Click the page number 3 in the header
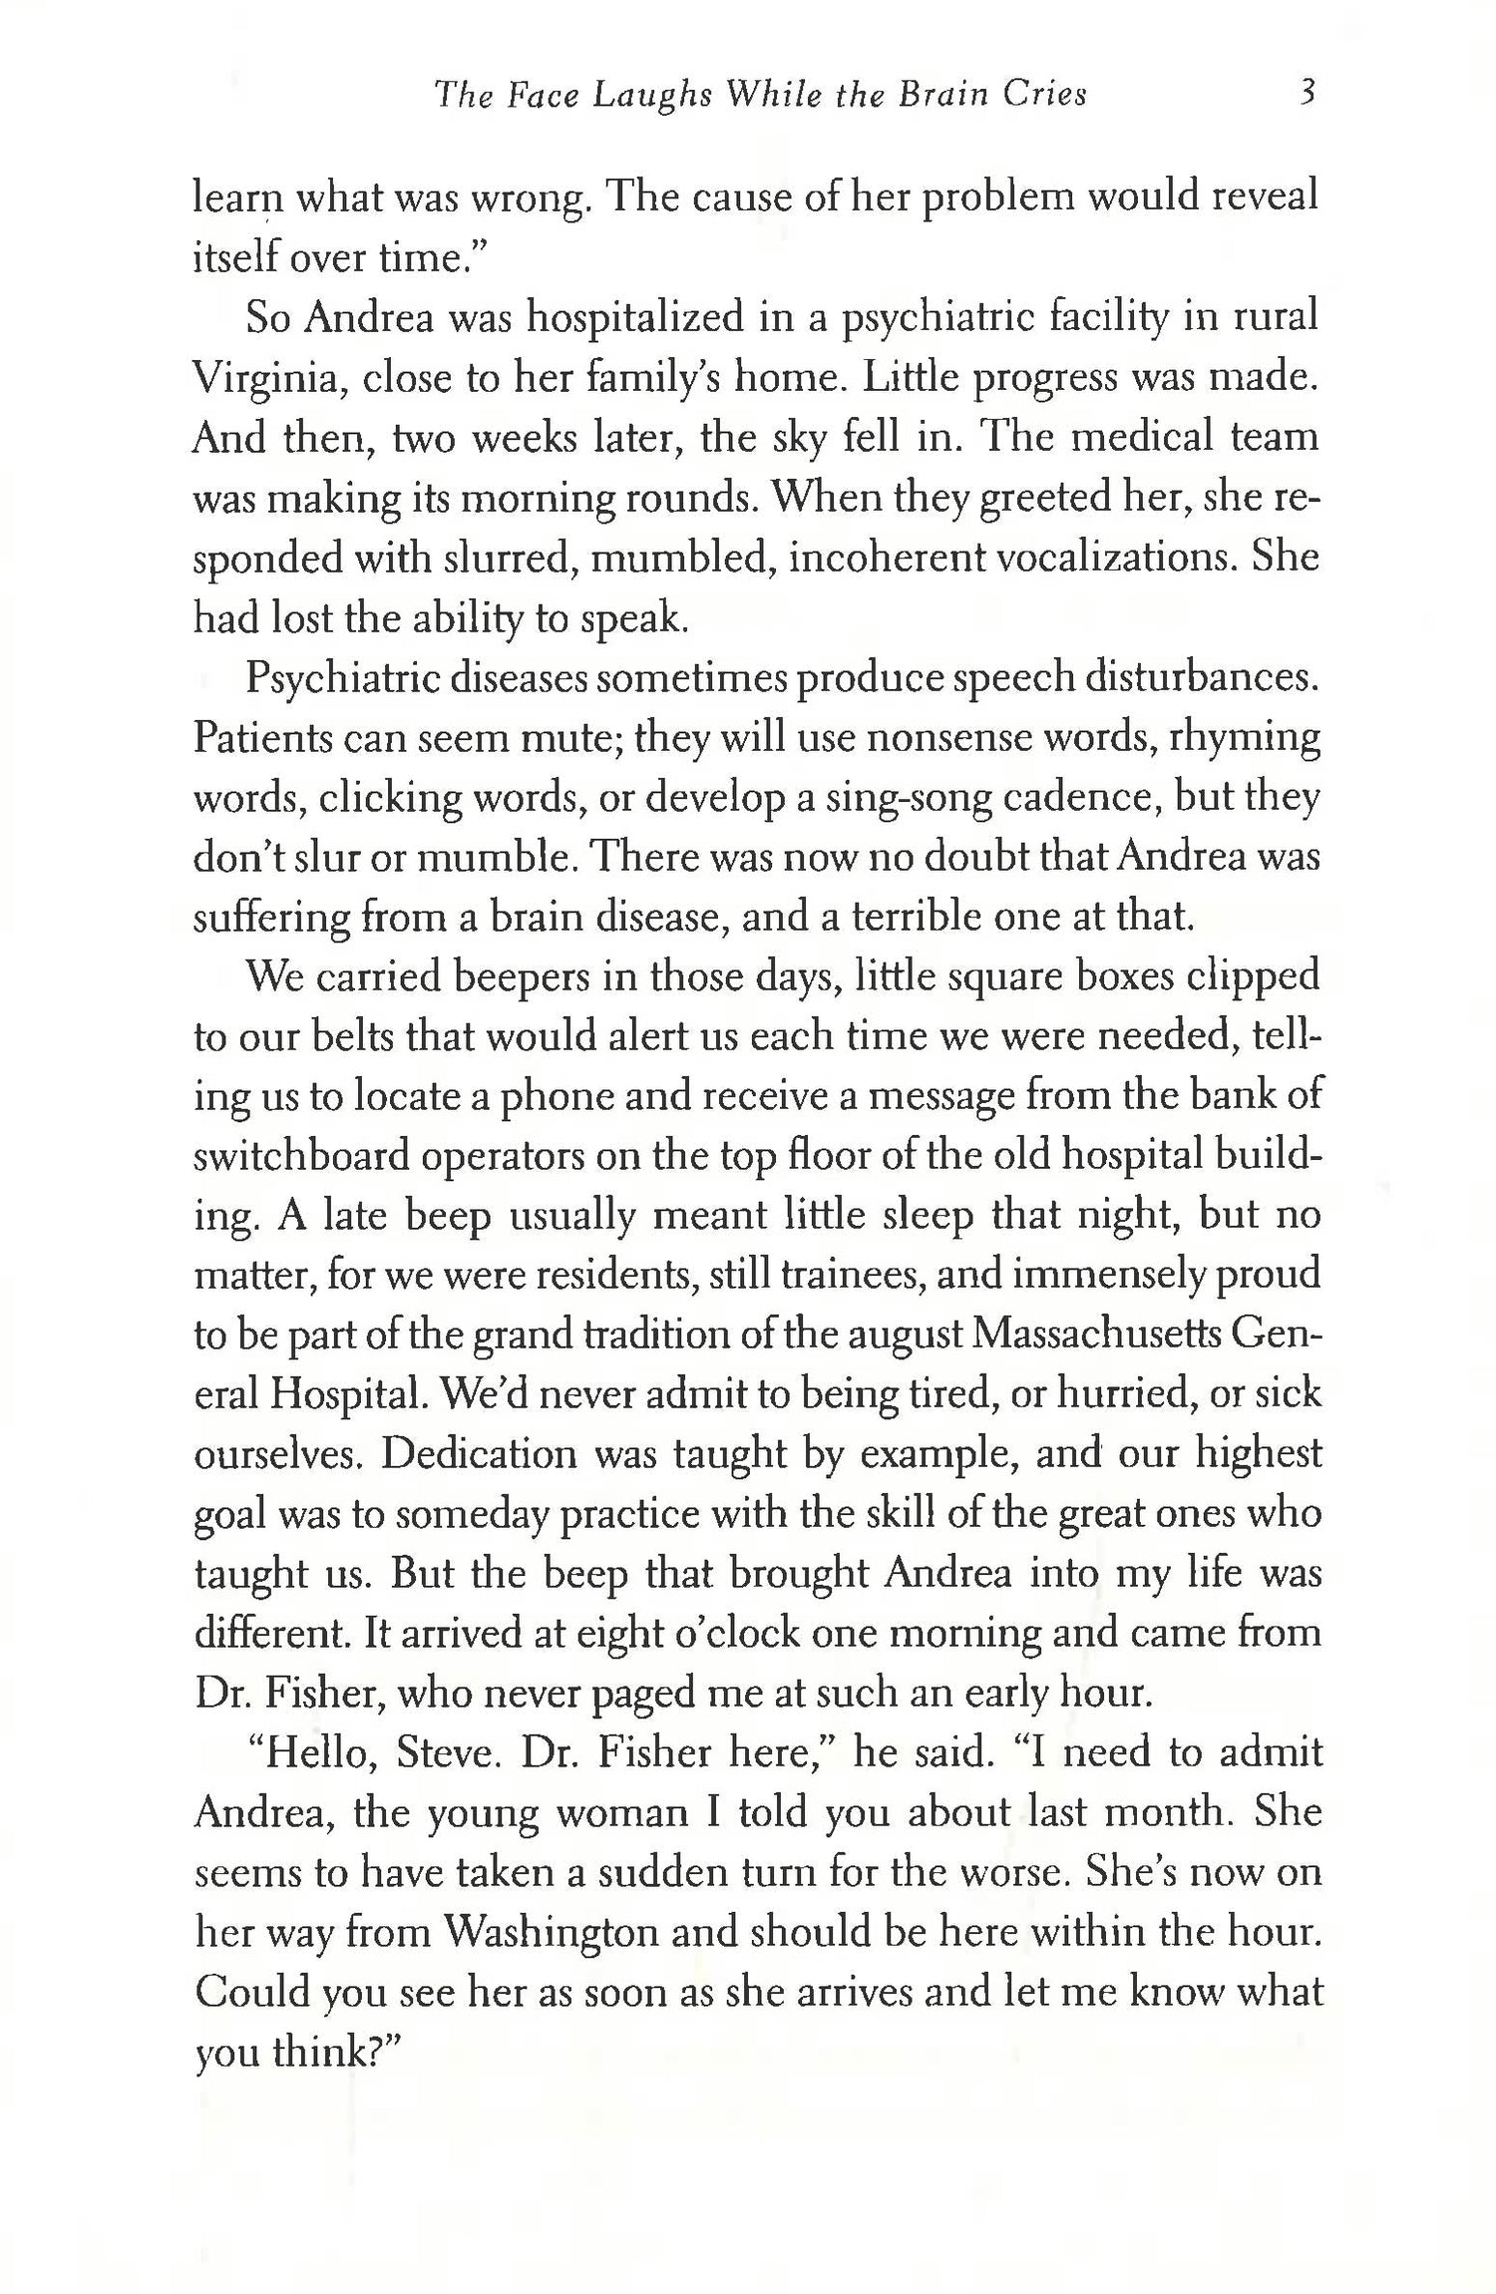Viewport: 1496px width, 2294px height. (x=1309, y=94)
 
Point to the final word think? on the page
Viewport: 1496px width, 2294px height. (x=336, y=2052)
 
